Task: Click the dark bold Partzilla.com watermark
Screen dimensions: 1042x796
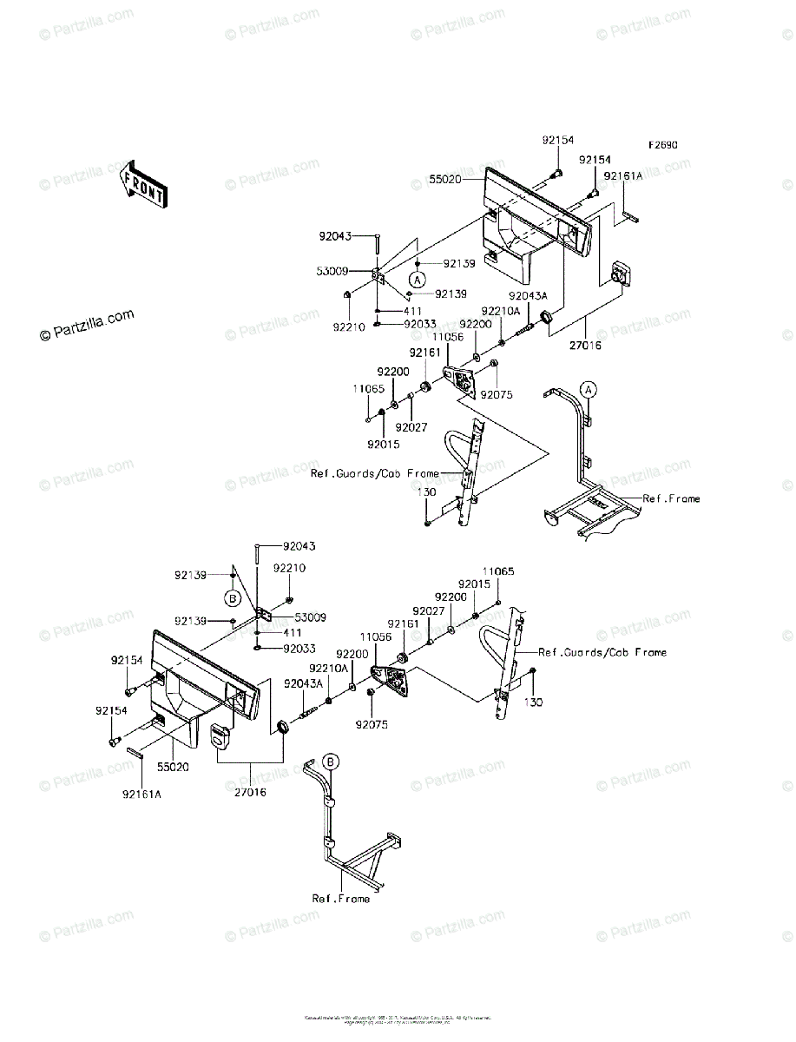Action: (86, 325)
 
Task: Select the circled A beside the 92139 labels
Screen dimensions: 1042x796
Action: (418, 280)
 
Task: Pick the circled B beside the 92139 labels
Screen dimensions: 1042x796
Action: (232, 597)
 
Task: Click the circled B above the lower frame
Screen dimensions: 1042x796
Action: (331, 762)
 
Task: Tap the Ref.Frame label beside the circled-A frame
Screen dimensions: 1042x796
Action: (671, 499)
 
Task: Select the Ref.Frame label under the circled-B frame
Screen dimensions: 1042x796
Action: (341, 899)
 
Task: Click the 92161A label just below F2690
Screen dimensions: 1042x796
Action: (624, 175)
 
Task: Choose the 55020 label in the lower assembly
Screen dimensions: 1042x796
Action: (174, 768)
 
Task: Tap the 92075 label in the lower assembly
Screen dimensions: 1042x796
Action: (371, 724)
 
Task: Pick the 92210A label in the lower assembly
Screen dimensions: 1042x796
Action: (330, 668)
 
